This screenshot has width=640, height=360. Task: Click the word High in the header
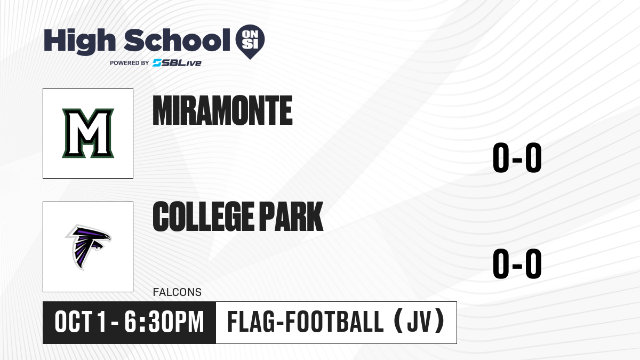[80, 42]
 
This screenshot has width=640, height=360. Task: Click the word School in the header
[177, 40]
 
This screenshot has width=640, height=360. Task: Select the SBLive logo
[177, 63]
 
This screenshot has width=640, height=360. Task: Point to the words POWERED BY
[130, 63]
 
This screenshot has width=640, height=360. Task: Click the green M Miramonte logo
[88, 133]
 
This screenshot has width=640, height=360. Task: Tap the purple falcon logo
[88, 247]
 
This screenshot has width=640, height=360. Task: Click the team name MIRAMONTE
[222, 110]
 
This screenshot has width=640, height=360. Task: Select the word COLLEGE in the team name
[203, 216]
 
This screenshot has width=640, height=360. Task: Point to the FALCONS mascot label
[177, 292]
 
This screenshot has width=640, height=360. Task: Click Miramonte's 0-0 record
[517, 157]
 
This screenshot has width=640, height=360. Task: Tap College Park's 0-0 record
[517, 263]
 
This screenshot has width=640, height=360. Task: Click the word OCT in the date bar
[74, 322]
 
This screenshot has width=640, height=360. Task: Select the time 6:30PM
[164, 322]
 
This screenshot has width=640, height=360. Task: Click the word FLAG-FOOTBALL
[306, 322]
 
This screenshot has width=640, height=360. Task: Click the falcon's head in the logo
[103, 238]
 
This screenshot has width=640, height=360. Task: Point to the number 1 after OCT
[101, 322]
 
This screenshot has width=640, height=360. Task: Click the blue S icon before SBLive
[157, 63]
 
